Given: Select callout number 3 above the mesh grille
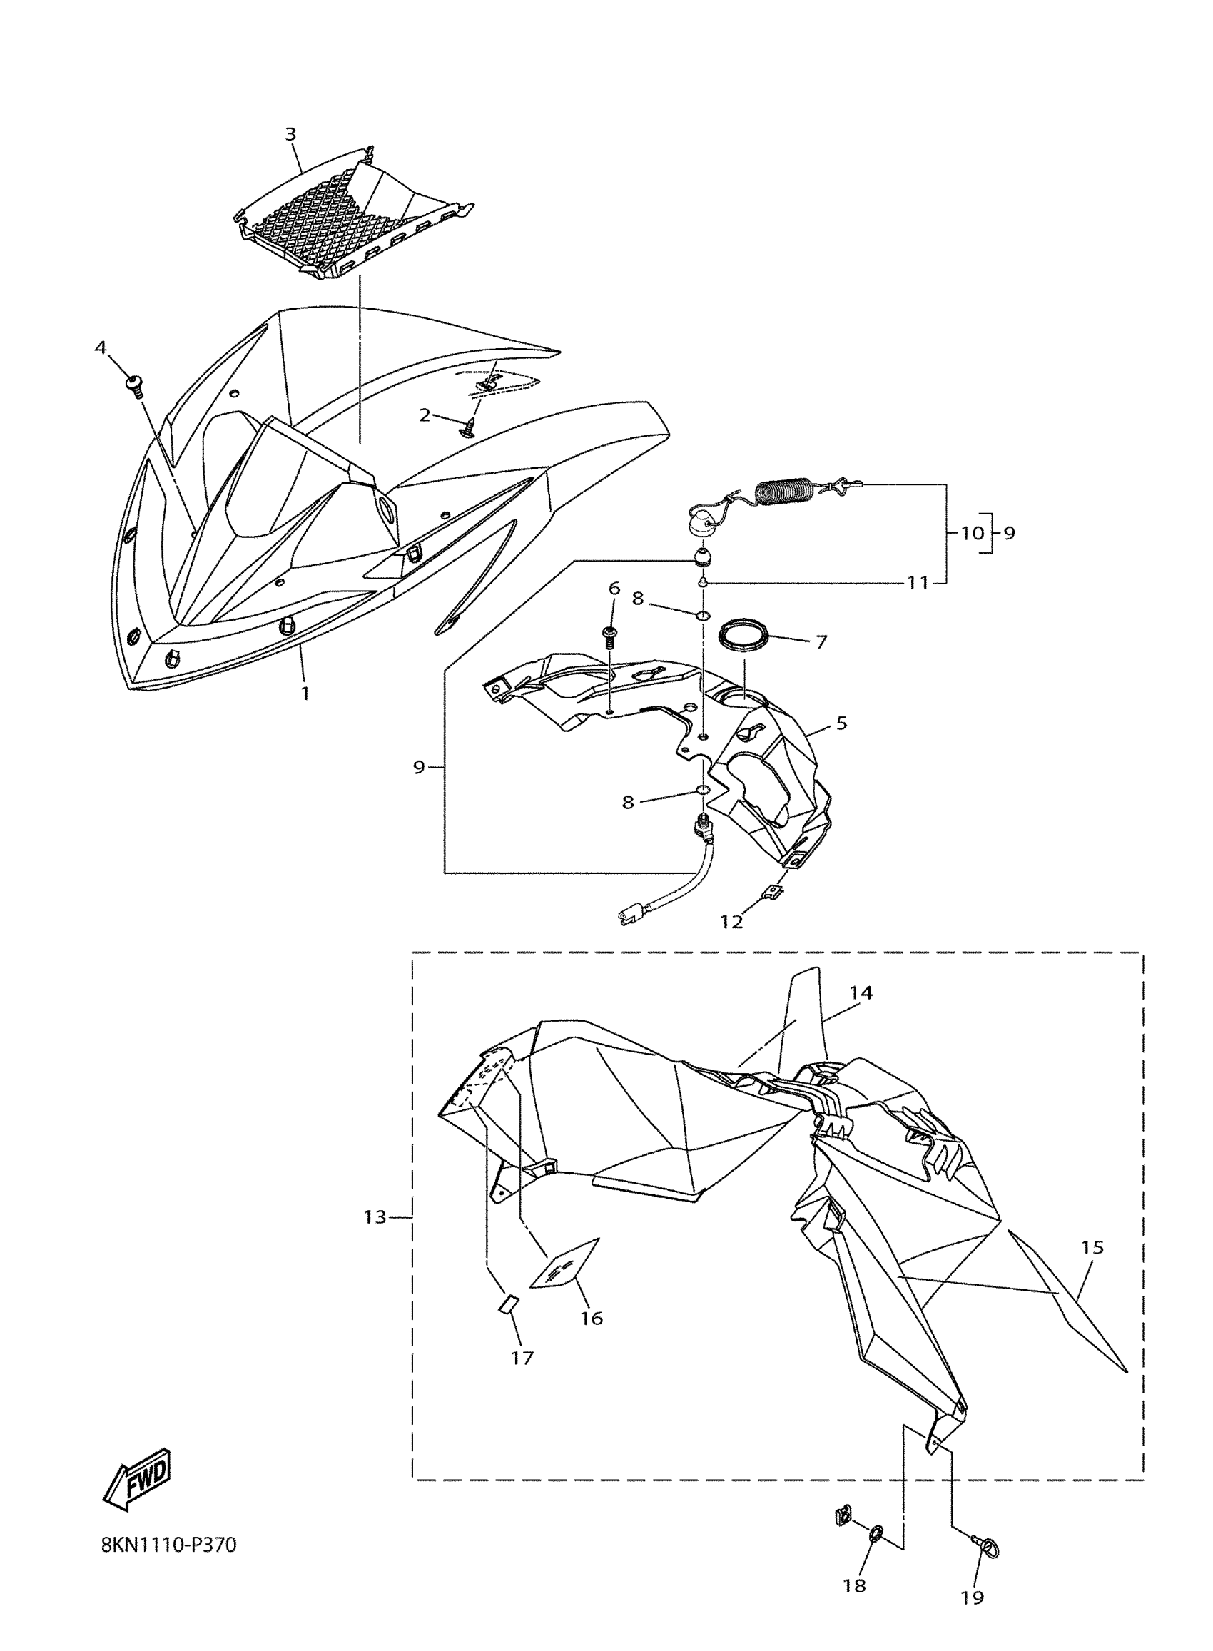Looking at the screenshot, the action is (291, 134).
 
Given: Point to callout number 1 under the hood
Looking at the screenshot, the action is (305, 692).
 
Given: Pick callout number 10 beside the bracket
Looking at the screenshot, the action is (971, 533).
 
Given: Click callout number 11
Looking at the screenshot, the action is (918, 584).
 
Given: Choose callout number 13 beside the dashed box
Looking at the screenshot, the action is (375, 1217).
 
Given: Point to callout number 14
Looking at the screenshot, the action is (861, 992).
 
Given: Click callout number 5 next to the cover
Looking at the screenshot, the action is (841, 723).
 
